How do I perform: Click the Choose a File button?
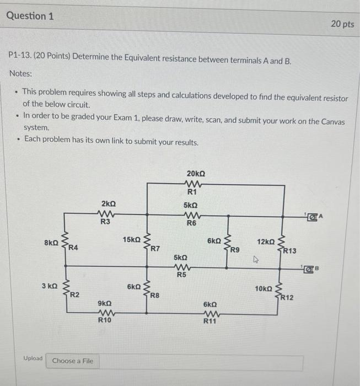[72, 361]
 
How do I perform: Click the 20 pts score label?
[343, 24]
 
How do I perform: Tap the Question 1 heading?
[30, 16]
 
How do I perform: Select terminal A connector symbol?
[314, 216]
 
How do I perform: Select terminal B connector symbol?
[313, 270]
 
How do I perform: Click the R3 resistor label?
[105, 222]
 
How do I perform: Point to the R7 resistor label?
[156, 249]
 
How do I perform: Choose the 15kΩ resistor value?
[132, 239]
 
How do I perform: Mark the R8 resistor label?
[155, 295]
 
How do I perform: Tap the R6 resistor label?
[191, 223]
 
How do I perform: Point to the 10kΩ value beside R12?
[263, 288]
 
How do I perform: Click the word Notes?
[20, 73]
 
